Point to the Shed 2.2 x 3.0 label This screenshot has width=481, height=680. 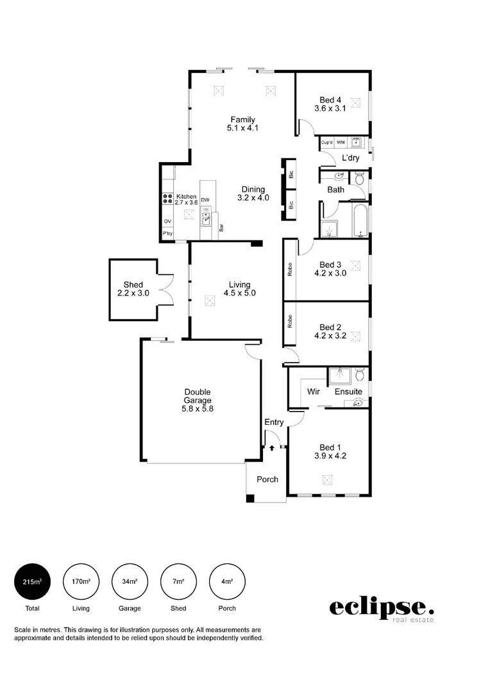pyautogui.click(x=133, y=288)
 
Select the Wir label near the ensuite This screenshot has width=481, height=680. pyautogui.click(x=314, y=391)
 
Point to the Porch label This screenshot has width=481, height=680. pyautogui.click(x=267, y=479)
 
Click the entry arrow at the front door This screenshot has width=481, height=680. pyautogui.click(x=271, y=449)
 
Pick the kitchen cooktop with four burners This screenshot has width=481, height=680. pyautogui.click(x=168, y=199)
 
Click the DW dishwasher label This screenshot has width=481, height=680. pyautogui.click(x=205, y=200)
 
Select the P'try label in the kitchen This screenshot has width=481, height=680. pyautogui.click(x=167, y=234)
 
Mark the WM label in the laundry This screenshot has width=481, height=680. pyautogui.click(x=341, y=142)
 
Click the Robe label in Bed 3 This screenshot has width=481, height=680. pyautogui.click(x=291, y=269)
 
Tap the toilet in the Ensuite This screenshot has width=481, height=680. pyautogui.click(x=359, y=374)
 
